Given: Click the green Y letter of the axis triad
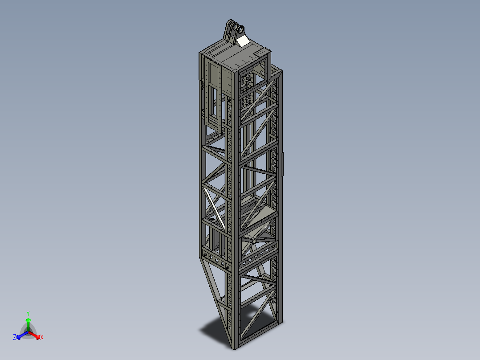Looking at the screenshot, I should (x=28, y=313).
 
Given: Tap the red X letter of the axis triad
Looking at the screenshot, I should (x=42, y=338).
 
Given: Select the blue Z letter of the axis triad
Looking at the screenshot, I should (x=15, y=338).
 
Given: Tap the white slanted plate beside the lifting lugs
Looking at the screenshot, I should (x=243, y=41).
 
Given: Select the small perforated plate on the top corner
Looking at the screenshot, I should (x=258, y=53).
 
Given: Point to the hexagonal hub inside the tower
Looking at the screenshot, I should (x=253, y=241).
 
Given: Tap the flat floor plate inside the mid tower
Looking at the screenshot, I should (x=258, y=214).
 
